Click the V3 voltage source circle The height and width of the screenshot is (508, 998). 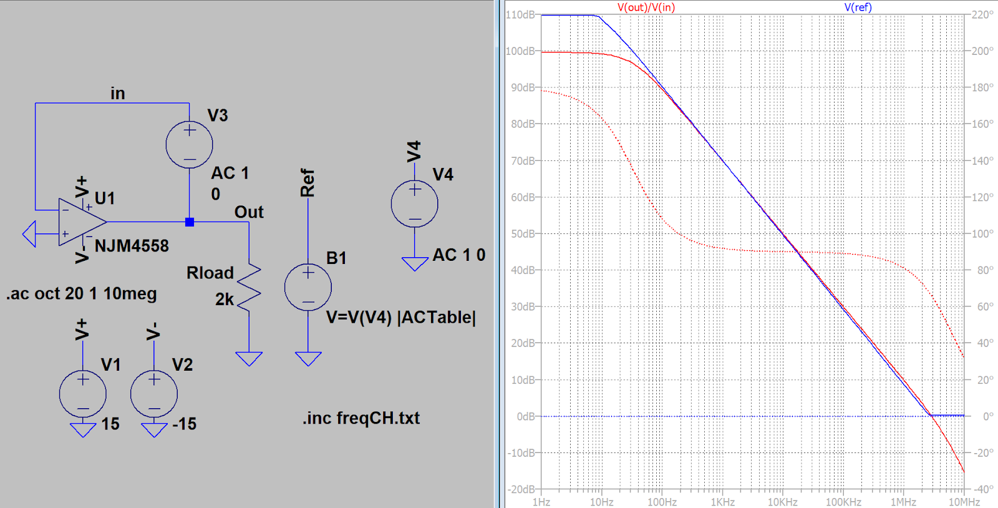click(189, 145)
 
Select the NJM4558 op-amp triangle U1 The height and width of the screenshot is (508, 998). click(81, 222)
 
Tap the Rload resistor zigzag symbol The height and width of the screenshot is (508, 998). click(249, 287)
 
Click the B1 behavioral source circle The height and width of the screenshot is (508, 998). click(308, 287)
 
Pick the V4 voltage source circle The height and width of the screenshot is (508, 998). click(414, 204)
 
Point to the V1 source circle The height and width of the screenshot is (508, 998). click(82, 394)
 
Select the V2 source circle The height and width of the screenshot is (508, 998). click(154, 394)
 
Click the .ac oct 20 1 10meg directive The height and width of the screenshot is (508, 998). click(82, 293)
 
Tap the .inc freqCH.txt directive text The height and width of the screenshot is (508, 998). click(361, 418)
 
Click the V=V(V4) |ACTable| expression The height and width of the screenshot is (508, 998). click(401, 317)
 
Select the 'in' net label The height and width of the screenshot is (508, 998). click(118, 94)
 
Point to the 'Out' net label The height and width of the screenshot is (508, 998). click(249, 212)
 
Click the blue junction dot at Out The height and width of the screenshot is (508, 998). click(190, 222)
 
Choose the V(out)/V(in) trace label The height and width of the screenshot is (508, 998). click(646, 7)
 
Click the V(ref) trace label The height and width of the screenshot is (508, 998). click(858, 7)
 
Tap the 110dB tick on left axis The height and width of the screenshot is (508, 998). click(520, 14)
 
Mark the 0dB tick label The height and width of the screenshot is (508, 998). click(526, 416)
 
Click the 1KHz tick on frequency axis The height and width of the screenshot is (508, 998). click(722, 502)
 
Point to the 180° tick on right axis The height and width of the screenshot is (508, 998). click(982, 87)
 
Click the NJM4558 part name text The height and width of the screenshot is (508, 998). click(132, 246)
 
